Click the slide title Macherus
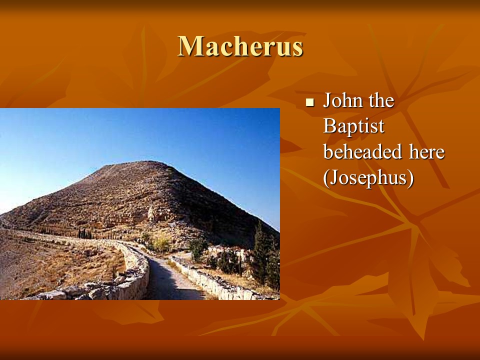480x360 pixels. point(240,46)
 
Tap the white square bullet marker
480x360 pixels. point(310,102)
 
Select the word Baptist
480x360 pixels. point(353,126)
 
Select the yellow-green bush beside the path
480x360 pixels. point(160,243)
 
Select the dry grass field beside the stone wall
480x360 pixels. point(61,263)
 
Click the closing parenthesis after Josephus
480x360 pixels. point(411,178)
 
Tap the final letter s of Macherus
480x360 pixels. point(297,49)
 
